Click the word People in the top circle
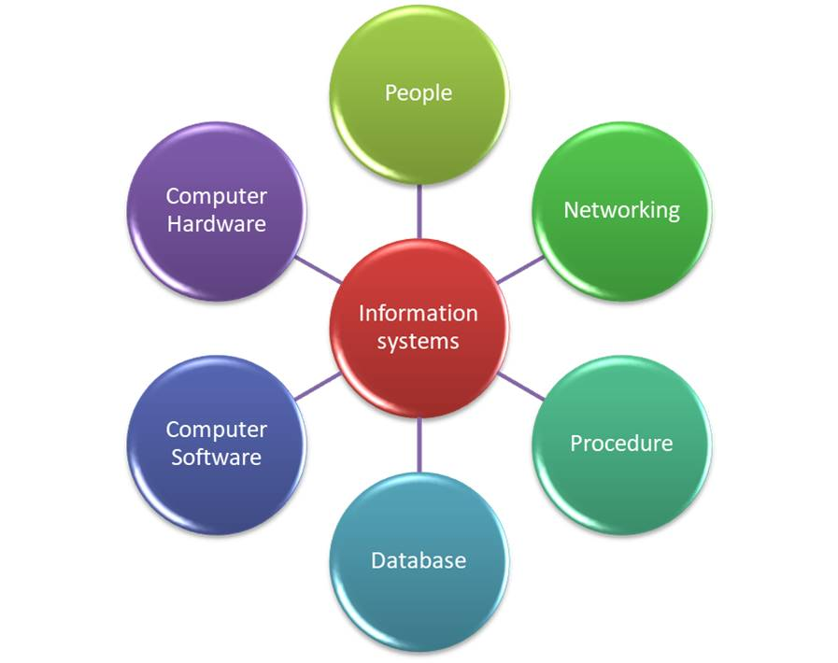(419, 93)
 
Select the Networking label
(621, 210)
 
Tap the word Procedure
(621, 443)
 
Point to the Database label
(419, 560)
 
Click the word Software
(216, 458)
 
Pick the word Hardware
(216, 224)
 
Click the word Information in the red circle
(419, 313)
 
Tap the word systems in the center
(419, 342)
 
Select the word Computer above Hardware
(216, 196)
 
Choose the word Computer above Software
(216, 430)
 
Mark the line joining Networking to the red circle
(519, 269)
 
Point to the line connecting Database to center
(419, 444)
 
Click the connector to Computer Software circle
(318, 386)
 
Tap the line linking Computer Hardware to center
(319, 269)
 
